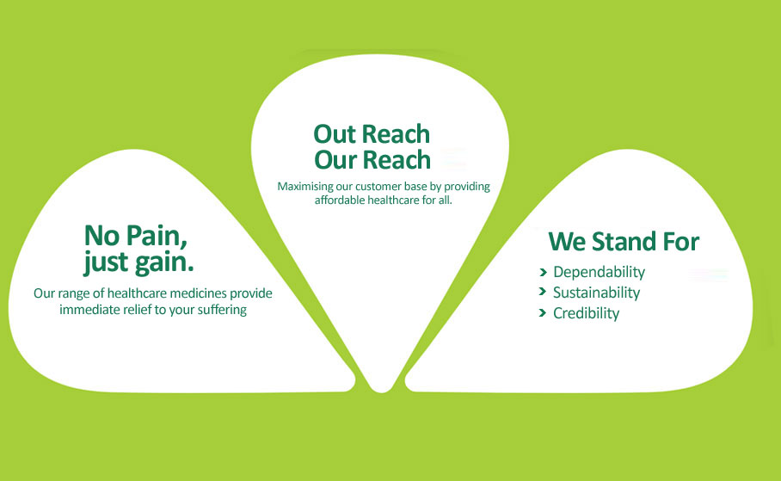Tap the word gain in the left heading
coord(164,263)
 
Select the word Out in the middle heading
coord(335,134)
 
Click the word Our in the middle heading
coord(335,161)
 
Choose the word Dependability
coord(600,272)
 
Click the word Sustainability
coord(597,293)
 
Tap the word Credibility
coord(587,313)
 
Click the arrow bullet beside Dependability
coord(543,272)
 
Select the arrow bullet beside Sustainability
coord(543,291)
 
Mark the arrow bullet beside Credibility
coord(543,313)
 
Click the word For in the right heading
coord(681,242)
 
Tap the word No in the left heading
coord(102,236)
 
